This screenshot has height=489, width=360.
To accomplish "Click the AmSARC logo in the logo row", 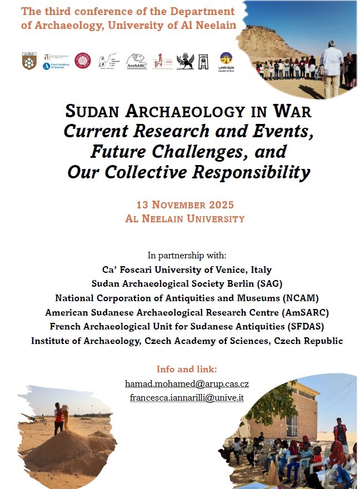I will (x=137, y=61).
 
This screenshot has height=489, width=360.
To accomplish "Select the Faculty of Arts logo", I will (x=226, y=61).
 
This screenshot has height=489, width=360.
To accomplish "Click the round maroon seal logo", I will (x=83, y=61).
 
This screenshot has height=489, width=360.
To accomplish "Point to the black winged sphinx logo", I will (x=185, y=61).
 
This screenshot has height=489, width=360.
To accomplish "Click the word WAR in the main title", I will (x=292, y=111).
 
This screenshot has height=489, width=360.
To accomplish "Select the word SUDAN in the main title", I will (x=92, y=111).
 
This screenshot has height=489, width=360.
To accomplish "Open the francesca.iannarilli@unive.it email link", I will (x=187, y=398).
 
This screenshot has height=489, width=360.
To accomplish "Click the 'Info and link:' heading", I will (x=187, y=369).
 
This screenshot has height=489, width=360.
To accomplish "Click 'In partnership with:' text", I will (x=187, y=256).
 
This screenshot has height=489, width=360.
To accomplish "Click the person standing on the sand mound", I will (x=58, y=418).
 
